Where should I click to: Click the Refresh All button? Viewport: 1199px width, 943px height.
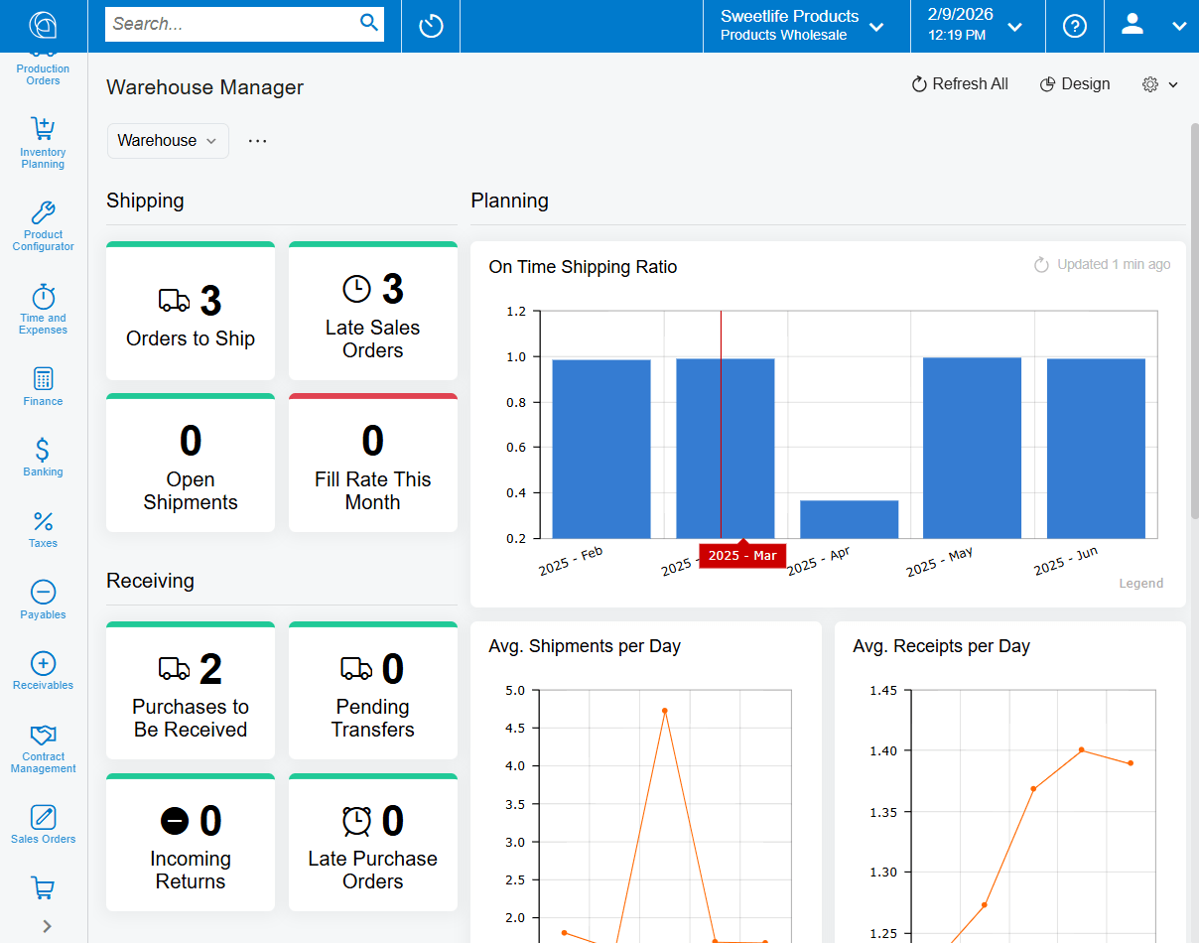pyautogui.click(x=960, y=84)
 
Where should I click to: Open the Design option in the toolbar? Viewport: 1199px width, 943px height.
pyautogui.click(x=1075, y=84)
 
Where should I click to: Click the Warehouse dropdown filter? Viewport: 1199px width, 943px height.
pyautogui.click(x=168, y=141)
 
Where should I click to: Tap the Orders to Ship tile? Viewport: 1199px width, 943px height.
pyautogui.click(x=191, y=313)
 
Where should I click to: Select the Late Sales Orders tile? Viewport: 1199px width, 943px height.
pyautogui.click(x=373, y=313)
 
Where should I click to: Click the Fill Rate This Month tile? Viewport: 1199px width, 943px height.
pyautogui.click(x=373, y=465)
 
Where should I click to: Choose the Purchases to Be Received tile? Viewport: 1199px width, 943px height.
pyautogui.click(x=191, y=693)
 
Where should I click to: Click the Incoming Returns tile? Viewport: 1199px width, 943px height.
pyautogui.click(x=191, y=845)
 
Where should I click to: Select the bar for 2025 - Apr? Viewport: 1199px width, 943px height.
pyautogui.click(x=849, y=519)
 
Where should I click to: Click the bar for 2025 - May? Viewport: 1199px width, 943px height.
pyautogui.click(x=972, y=448)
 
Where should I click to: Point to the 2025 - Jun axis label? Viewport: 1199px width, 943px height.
pyautogui.click(x=1066, y=562)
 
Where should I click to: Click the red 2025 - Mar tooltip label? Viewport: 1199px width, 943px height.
pyautogui.click(x=742, y=556)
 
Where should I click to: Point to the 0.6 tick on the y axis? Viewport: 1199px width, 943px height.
pyautogui.click(x=516, y=448)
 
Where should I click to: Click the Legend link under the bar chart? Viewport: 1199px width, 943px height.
pyautogui.click(x=1140, y=584)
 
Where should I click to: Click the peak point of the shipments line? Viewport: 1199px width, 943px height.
pyautogui.click(x=664, y=711)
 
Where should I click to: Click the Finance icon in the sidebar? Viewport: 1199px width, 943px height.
pyautogui.click(x=43, y=386)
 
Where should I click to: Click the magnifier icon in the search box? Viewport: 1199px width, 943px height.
pyautogui.click(x=369, y=23)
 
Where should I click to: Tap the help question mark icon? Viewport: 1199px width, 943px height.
pyautogui.click(x=1075, y=26)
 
